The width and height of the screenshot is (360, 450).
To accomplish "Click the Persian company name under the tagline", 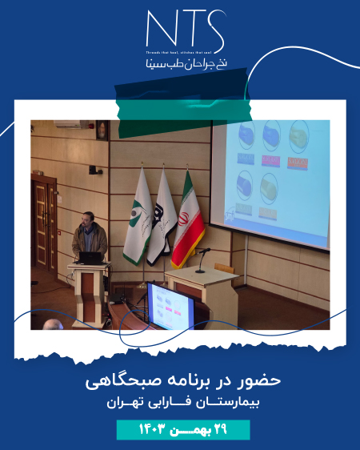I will (x=179, y=64).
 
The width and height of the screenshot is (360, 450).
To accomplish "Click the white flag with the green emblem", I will (x=138, y=220).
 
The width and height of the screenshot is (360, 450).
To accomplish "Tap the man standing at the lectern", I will (x=87, y=232).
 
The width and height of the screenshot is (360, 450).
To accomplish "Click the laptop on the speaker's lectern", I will (x=90, y=258).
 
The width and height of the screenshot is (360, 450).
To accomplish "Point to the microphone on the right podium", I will (x=200, y=260).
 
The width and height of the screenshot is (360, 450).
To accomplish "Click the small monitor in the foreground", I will (x=170, y=307).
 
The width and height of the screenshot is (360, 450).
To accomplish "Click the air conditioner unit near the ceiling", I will (x=69, y=125).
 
